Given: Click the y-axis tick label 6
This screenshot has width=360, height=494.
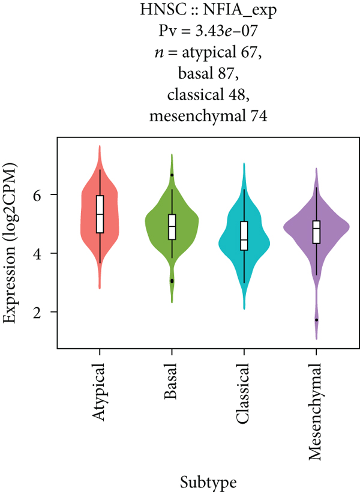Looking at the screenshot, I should pyautogui.click(x=46, y=195).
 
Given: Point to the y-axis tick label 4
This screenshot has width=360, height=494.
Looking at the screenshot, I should pyautogui.click(x=46, y=254).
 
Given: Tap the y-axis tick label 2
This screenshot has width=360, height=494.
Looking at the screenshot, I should pyautogui.click(x=46, y=312).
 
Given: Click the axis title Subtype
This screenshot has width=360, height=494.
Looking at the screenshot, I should pyautogui.click(x=208, y=481).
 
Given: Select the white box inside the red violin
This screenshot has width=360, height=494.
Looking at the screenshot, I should pyautogui.click(x=100, y=214).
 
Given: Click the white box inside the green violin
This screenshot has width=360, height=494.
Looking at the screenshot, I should pyautogui.click(x=172, y=227).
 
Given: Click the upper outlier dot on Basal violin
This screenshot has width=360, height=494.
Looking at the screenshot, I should pyautogui.click(x=172, y=175).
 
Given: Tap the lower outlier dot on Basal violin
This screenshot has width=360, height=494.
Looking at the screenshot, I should pyautogui.click(x=172, y=281).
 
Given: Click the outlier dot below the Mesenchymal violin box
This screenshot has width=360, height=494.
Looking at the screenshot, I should pyautogui.click(x=316, y=320).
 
